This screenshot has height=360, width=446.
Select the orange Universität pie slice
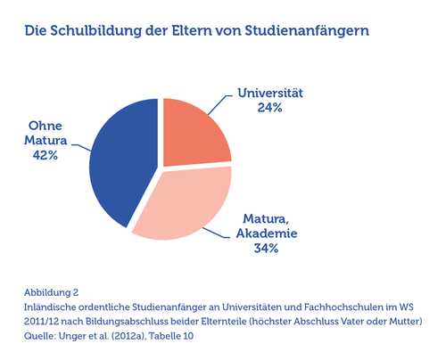point(194,134)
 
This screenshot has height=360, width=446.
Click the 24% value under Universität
point(269,108)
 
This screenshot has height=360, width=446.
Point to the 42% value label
point(45,155)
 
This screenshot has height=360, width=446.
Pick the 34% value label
point(266,248)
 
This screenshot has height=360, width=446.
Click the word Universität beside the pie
point(270,93)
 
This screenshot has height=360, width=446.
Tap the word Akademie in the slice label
point(267,233)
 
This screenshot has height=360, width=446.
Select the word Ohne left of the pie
point(45,126)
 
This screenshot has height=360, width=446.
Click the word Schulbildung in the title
point(96,31)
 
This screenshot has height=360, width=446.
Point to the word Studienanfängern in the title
point(307,31)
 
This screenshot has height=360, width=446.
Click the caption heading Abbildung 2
point(51,292)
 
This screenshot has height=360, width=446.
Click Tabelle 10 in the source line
point(171,336)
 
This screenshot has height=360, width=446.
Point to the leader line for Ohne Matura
point(81,147)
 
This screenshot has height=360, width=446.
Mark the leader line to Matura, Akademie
point(217,233)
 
